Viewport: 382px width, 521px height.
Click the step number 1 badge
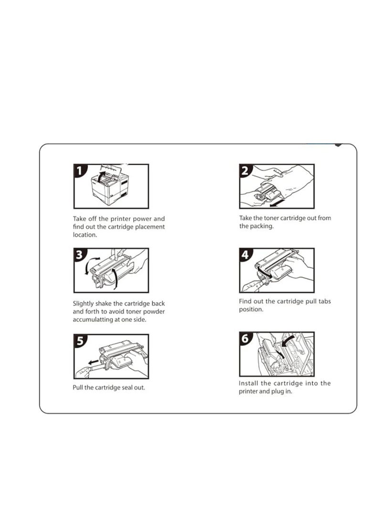point(79,170)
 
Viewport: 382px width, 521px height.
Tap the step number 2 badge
point(245,170)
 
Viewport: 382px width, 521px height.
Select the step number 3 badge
point(79,255)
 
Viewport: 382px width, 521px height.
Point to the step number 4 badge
point(245,255)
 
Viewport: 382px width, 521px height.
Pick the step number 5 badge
point(80,341)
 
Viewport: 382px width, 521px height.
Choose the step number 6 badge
point(245,338)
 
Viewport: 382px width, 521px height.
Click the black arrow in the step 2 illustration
point(277,203)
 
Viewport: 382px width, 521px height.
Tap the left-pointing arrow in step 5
point(93,362)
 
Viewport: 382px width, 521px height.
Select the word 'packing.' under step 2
point(261,226)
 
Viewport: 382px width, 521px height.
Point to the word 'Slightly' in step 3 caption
point(83,304)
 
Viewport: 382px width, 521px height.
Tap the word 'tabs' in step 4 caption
point(325,301)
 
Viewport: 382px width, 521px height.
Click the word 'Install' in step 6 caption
point(248,383)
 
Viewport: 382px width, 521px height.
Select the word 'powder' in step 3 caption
point(154,312)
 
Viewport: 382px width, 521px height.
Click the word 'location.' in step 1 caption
point(85,234)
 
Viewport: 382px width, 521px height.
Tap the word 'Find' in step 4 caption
point(245,301)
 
